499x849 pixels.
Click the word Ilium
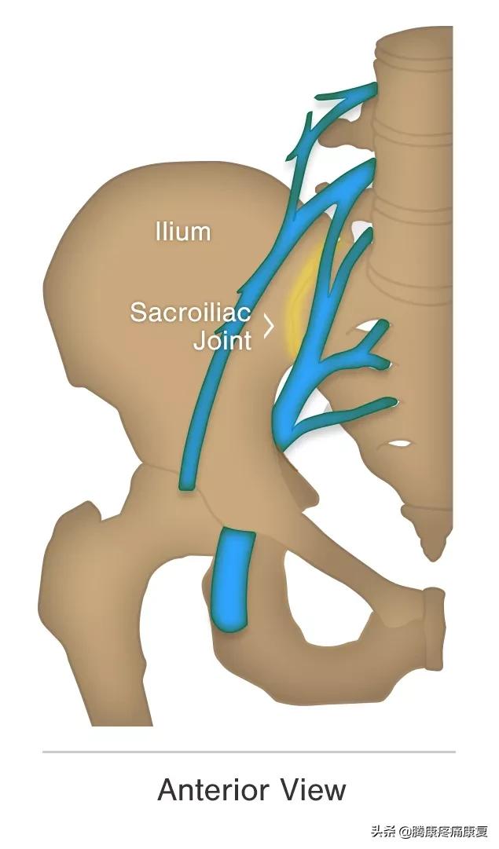[x=182, y=232]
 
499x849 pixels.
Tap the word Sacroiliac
[x=189, y=312]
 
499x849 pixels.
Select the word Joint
[x=222, y=341]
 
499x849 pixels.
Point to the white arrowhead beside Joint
[x=269, y=326]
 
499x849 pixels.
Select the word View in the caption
[x=314, y=789]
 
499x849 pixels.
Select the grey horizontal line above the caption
[x=249, y=752]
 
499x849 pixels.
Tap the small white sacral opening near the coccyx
[x=398, y=444]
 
